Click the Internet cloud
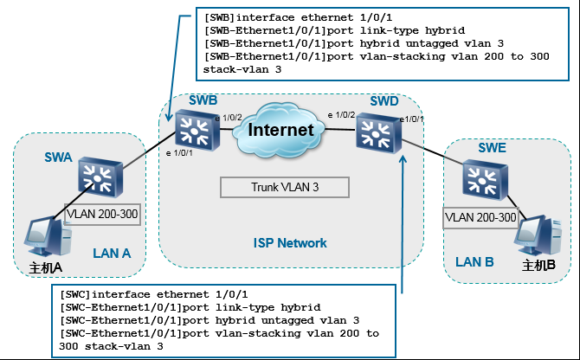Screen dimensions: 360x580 click(x=280, y=131)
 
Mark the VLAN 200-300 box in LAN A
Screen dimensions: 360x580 click(x=102, y=214)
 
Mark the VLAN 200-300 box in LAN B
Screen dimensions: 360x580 click(x=481, y=217)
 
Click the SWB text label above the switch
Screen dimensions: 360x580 click(x=203, y=101)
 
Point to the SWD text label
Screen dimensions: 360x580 click(x=383, y=101)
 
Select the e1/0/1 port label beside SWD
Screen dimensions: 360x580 click(x=411, y=119)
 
